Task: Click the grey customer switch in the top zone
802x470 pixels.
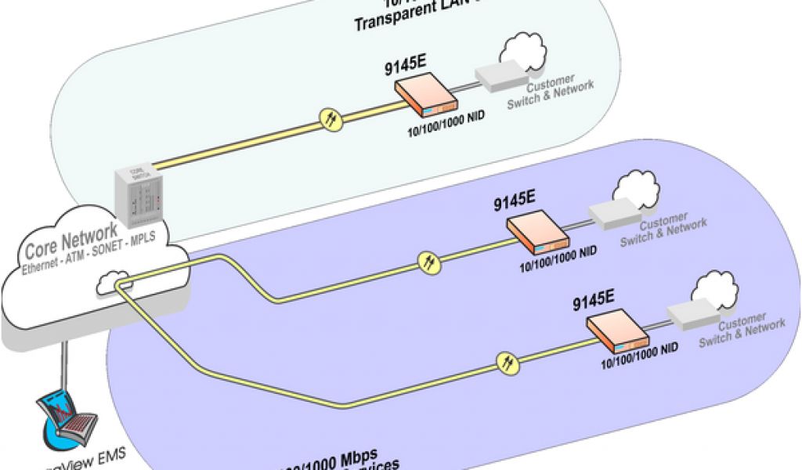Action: pos(500,74)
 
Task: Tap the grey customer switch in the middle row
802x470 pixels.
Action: pos(614,213)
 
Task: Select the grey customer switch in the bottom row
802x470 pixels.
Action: pos(692,313)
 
